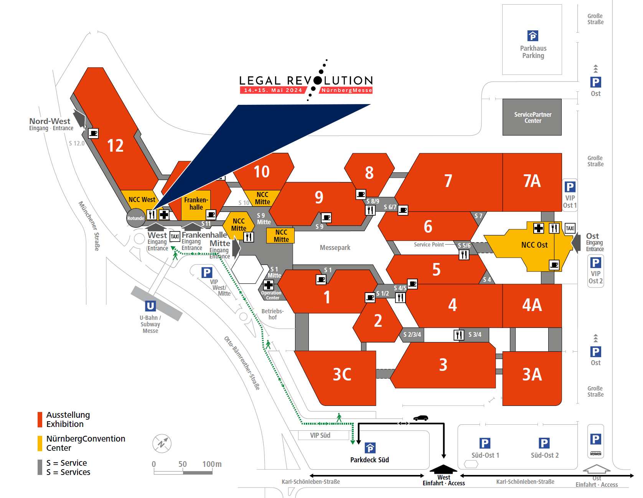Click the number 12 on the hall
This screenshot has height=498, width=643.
115,146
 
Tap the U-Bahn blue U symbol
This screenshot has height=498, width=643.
150,306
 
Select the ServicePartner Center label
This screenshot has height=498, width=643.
533,117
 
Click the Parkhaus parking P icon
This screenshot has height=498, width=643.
533,36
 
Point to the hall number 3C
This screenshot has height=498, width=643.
342,374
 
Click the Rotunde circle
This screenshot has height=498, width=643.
136,218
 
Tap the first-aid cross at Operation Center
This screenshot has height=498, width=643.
269,285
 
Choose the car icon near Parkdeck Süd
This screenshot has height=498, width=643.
420,418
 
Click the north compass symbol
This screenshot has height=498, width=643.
162,444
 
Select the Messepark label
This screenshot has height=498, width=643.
335,248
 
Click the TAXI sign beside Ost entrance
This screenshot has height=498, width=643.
570,228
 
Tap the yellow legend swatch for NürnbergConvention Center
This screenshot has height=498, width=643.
40,443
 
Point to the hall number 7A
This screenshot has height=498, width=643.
532,181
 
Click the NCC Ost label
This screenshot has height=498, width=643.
534,245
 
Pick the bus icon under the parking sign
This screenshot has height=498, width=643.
595,453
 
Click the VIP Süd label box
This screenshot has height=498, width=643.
320,435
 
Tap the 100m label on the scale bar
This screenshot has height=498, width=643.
212,464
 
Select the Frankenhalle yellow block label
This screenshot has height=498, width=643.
196,204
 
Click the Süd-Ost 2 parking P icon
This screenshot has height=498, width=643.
544,443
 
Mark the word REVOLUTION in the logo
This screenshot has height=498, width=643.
330,81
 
